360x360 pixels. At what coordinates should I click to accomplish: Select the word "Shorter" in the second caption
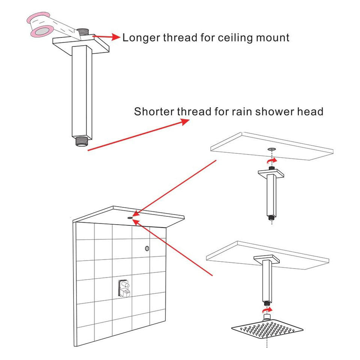point(154,111)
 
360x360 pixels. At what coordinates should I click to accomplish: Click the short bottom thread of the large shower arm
point(81,141)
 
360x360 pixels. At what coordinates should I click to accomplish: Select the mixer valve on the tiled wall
point(124,288)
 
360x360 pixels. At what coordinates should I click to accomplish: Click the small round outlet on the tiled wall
point(147,248)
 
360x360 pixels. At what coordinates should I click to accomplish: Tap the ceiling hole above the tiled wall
point(130,217)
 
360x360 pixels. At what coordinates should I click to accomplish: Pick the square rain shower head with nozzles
point(267,330)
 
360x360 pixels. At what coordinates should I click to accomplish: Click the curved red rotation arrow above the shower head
point(267,310)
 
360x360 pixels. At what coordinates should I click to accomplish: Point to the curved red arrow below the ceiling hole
point(272,160)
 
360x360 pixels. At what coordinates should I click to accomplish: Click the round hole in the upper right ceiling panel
point(271,149)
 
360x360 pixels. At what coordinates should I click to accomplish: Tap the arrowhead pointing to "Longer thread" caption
point(116,37)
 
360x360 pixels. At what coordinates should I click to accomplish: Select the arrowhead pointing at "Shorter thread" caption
point(185,121)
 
